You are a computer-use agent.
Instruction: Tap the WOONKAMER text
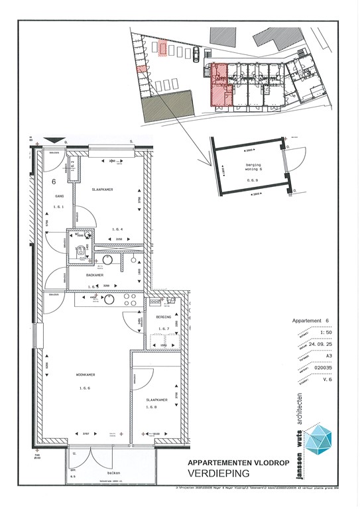[x=85, y=374]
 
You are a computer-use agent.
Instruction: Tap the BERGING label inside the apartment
[x=163, y=317]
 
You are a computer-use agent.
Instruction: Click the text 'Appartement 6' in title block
[x=310, y=321]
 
